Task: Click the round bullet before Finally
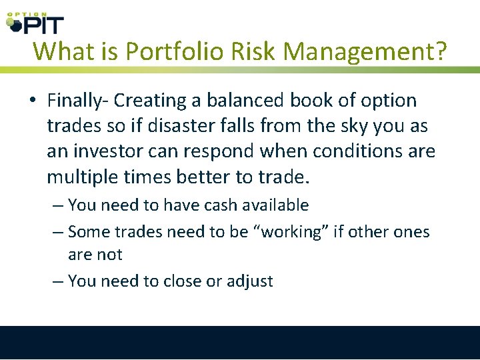click(33, 101)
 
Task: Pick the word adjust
click(249, 281)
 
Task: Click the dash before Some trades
click(57, 232)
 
